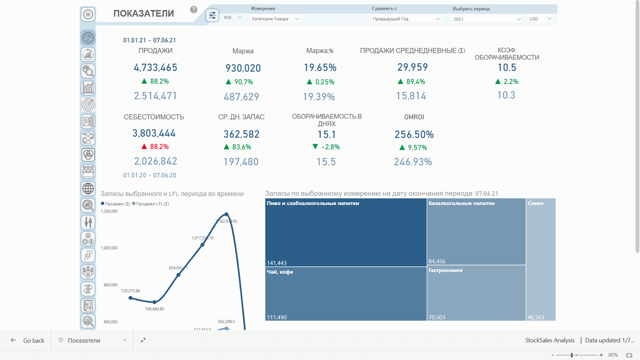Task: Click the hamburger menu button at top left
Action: (88, 14)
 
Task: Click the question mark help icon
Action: (194, 10)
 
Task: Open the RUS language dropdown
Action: (233, 18)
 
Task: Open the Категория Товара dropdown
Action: (276, 19)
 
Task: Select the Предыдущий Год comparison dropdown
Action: (406, 19)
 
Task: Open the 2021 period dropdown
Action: (487, 19)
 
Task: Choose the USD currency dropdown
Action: (540, 19)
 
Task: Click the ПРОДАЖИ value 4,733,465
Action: (155, 68)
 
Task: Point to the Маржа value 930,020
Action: (243, 68)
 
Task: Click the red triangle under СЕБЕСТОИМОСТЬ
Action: (144, 147)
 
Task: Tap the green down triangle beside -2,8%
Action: (315, 147)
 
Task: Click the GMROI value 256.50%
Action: (414, 135)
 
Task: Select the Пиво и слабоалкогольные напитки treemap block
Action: (346, 232)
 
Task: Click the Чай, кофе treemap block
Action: (346, 294)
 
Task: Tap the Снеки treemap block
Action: (541, 259)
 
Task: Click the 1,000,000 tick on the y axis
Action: (109, 248)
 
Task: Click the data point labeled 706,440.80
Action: (154, 302)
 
